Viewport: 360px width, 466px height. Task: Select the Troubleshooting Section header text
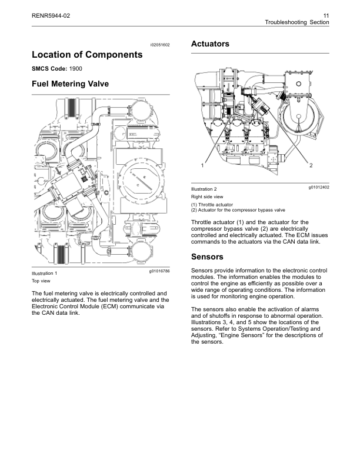point(297,22)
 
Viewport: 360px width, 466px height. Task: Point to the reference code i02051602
point(159,45)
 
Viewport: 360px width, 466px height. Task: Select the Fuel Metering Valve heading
point(70,85)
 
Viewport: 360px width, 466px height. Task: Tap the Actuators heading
point(211,44)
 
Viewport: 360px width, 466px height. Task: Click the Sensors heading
point(208,257)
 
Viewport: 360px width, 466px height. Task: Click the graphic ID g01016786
point(159,272)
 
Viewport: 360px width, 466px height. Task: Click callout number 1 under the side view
point(201,165)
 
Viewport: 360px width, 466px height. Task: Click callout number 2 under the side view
point(311,165)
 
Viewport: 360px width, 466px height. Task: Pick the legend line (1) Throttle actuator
point(215,204)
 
